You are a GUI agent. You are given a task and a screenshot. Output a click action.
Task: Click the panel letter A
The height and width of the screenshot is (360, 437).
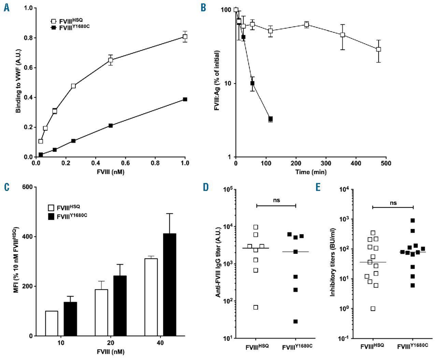point(6,8)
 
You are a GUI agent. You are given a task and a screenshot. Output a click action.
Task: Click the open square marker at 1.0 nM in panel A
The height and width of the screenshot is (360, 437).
point(185,37)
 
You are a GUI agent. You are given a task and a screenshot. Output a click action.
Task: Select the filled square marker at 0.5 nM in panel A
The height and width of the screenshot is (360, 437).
point(111,126)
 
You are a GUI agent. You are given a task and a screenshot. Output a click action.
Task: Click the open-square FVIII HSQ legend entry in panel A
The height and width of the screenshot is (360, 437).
point(68,21)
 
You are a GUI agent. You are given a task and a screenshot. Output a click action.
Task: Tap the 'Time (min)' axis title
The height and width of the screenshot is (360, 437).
point(311,172)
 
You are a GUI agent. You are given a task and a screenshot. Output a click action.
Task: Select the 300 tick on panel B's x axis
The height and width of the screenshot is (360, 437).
point(326,163)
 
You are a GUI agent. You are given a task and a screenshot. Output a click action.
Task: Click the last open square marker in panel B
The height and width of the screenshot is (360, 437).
point(378,49)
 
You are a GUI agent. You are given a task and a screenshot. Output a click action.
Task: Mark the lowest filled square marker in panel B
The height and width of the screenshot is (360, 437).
point(270,119)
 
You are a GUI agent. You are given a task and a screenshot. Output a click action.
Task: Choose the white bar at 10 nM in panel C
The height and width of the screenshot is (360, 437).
point(52,323)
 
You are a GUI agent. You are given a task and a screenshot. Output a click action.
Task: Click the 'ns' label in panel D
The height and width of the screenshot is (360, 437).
point(277,200)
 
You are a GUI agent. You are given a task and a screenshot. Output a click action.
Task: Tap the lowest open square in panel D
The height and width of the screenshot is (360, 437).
point(256,307)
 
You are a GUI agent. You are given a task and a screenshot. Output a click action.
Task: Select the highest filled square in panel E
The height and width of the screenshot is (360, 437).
point(412,220)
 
